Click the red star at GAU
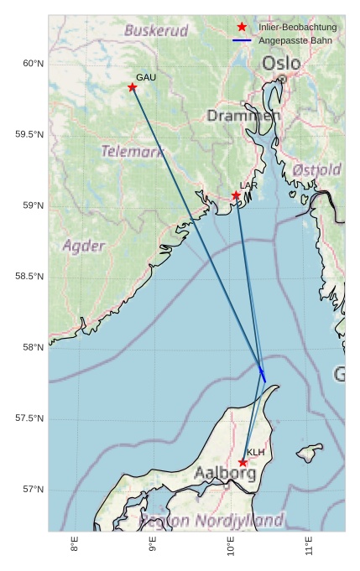(x=133, y=87)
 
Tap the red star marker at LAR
(x=237, y=195)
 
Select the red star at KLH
(x=243, y=462)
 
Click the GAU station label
(x=146, y=77)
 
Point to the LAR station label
(x=248, y=185)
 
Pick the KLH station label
(x=256, y=453)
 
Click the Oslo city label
(x=280, y=64)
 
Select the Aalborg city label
(x=225, y=474)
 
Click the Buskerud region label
(x=156, y=31)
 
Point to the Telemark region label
(x=133, y=152)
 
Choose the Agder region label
(x=84, y=247)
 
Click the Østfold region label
(x=316, y=170)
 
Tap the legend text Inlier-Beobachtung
(x=297, y=28)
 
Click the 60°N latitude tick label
(x=34, y=64)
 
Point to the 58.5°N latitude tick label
(x=30, y=277)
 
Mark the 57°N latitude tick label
(x=34, y=490)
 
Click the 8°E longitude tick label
(x=75, y=545)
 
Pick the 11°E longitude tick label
(x=309, y=545)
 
